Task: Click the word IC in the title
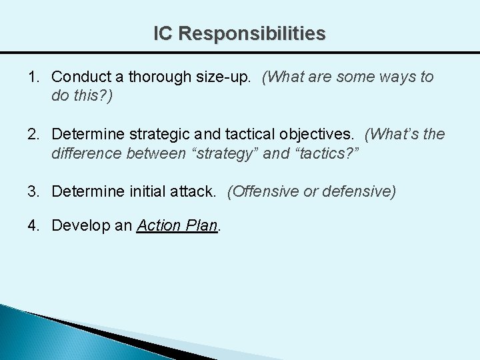coord(163,33)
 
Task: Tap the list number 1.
coord(33,77)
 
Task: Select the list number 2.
coord(33,135)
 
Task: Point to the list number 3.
coord(33,192)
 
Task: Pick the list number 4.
coord(33,225)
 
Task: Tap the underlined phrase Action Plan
coord(177,225)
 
